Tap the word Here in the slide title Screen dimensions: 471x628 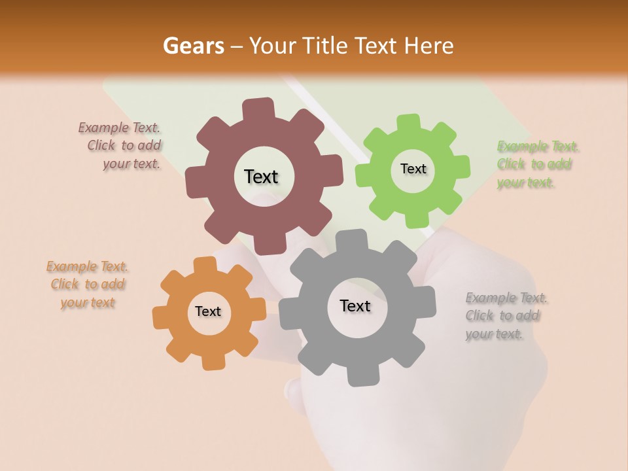coord(430,46)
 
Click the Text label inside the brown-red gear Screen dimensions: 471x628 coord(261,177)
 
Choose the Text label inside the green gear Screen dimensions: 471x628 coord(413,169)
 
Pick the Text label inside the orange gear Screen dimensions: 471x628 coord(208,312)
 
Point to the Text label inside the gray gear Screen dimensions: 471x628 coord(355,306)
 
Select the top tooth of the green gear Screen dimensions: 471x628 coord(410,123)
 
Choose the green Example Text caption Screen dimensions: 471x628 coord(538,164)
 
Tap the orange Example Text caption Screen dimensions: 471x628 coord(88,285)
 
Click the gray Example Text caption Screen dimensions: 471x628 coord(506,316)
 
